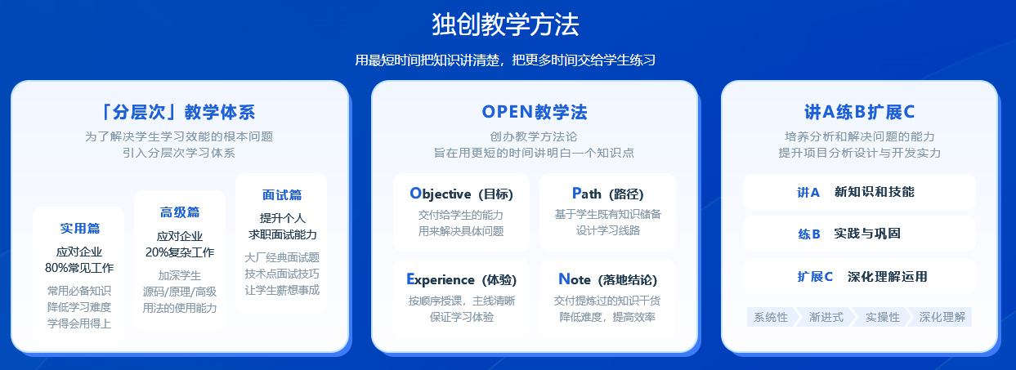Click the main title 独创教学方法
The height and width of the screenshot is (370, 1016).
coord(505,25)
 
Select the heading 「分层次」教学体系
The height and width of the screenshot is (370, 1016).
coord(179,112)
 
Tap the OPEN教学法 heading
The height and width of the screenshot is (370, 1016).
coord(534,112)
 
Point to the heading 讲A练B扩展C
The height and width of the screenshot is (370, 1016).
coord(859,112)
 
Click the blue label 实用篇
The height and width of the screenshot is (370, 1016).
coord(79,228)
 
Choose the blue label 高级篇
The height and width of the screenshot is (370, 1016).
coord(180,212)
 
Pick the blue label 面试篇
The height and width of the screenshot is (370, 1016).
coord(282,195)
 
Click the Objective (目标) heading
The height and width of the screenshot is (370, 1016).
coord(461,194)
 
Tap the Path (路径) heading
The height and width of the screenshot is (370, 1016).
coord(607,194)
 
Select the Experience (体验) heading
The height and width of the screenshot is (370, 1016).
coord(461,279)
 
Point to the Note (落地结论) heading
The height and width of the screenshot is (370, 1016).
coord(607,279)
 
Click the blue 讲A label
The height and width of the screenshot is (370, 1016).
coord(808,193)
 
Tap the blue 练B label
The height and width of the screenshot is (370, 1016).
coord(808,234)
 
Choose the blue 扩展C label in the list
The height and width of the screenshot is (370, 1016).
coord(815,276)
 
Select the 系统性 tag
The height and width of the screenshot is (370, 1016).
coord(771,317)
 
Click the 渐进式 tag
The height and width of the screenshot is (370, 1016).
coord(826,317)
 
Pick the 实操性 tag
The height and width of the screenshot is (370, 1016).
coord(882,317)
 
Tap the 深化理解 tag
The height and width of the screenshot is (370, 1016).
coord(942,317)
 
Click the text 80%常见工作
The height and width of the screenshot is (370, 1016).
coord(79,268)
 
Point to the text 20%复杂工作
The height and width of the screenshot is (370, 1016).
coord(180,252)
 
